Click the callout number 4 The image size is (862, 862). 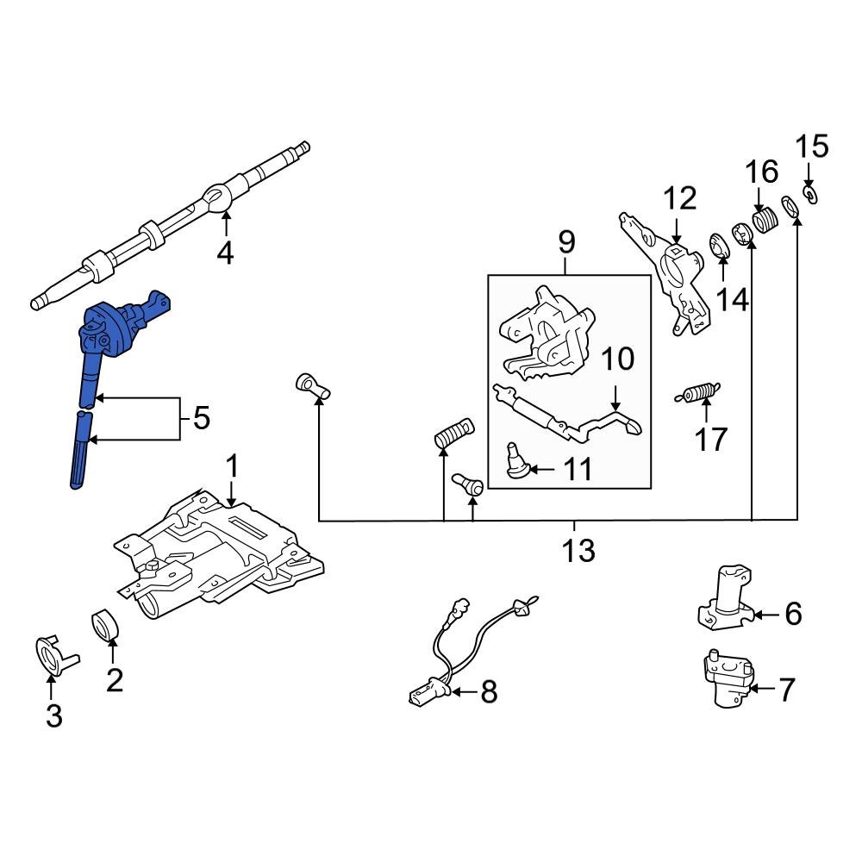click(x=225, y=254)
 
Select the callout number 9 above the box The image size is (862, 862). click(x=566, y=243)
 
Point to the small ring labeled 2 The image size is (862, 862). click(x=105, y=625)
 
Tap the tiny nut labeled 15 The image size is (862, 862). click(x=809, y=194)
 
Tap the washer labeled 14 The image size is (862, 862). click(x=718, y=247)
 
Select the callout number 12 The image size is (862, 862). click(x=680, y=198)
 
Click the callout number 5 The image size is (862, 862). click(x=200, y=419)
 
